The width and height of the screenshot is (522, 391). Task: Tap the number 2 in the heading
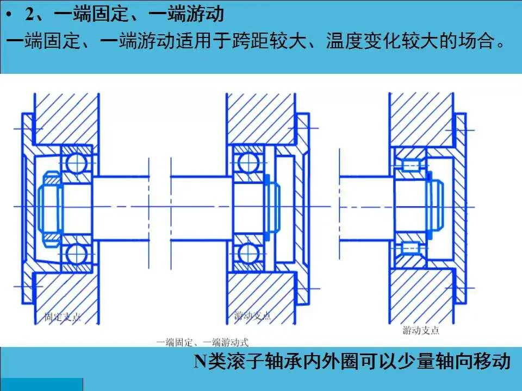click(30, 14)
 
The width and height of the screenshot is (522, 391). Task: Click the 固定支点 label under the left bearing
click(63, 317)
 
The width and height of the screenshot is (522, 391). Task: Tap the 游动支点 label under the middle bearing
click(252, 316)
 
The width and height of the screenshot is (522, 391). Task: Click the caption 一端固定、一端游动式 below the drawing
click(202, 342)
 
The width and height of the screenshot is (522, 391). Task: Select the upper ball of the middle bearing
click(247, 161)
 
